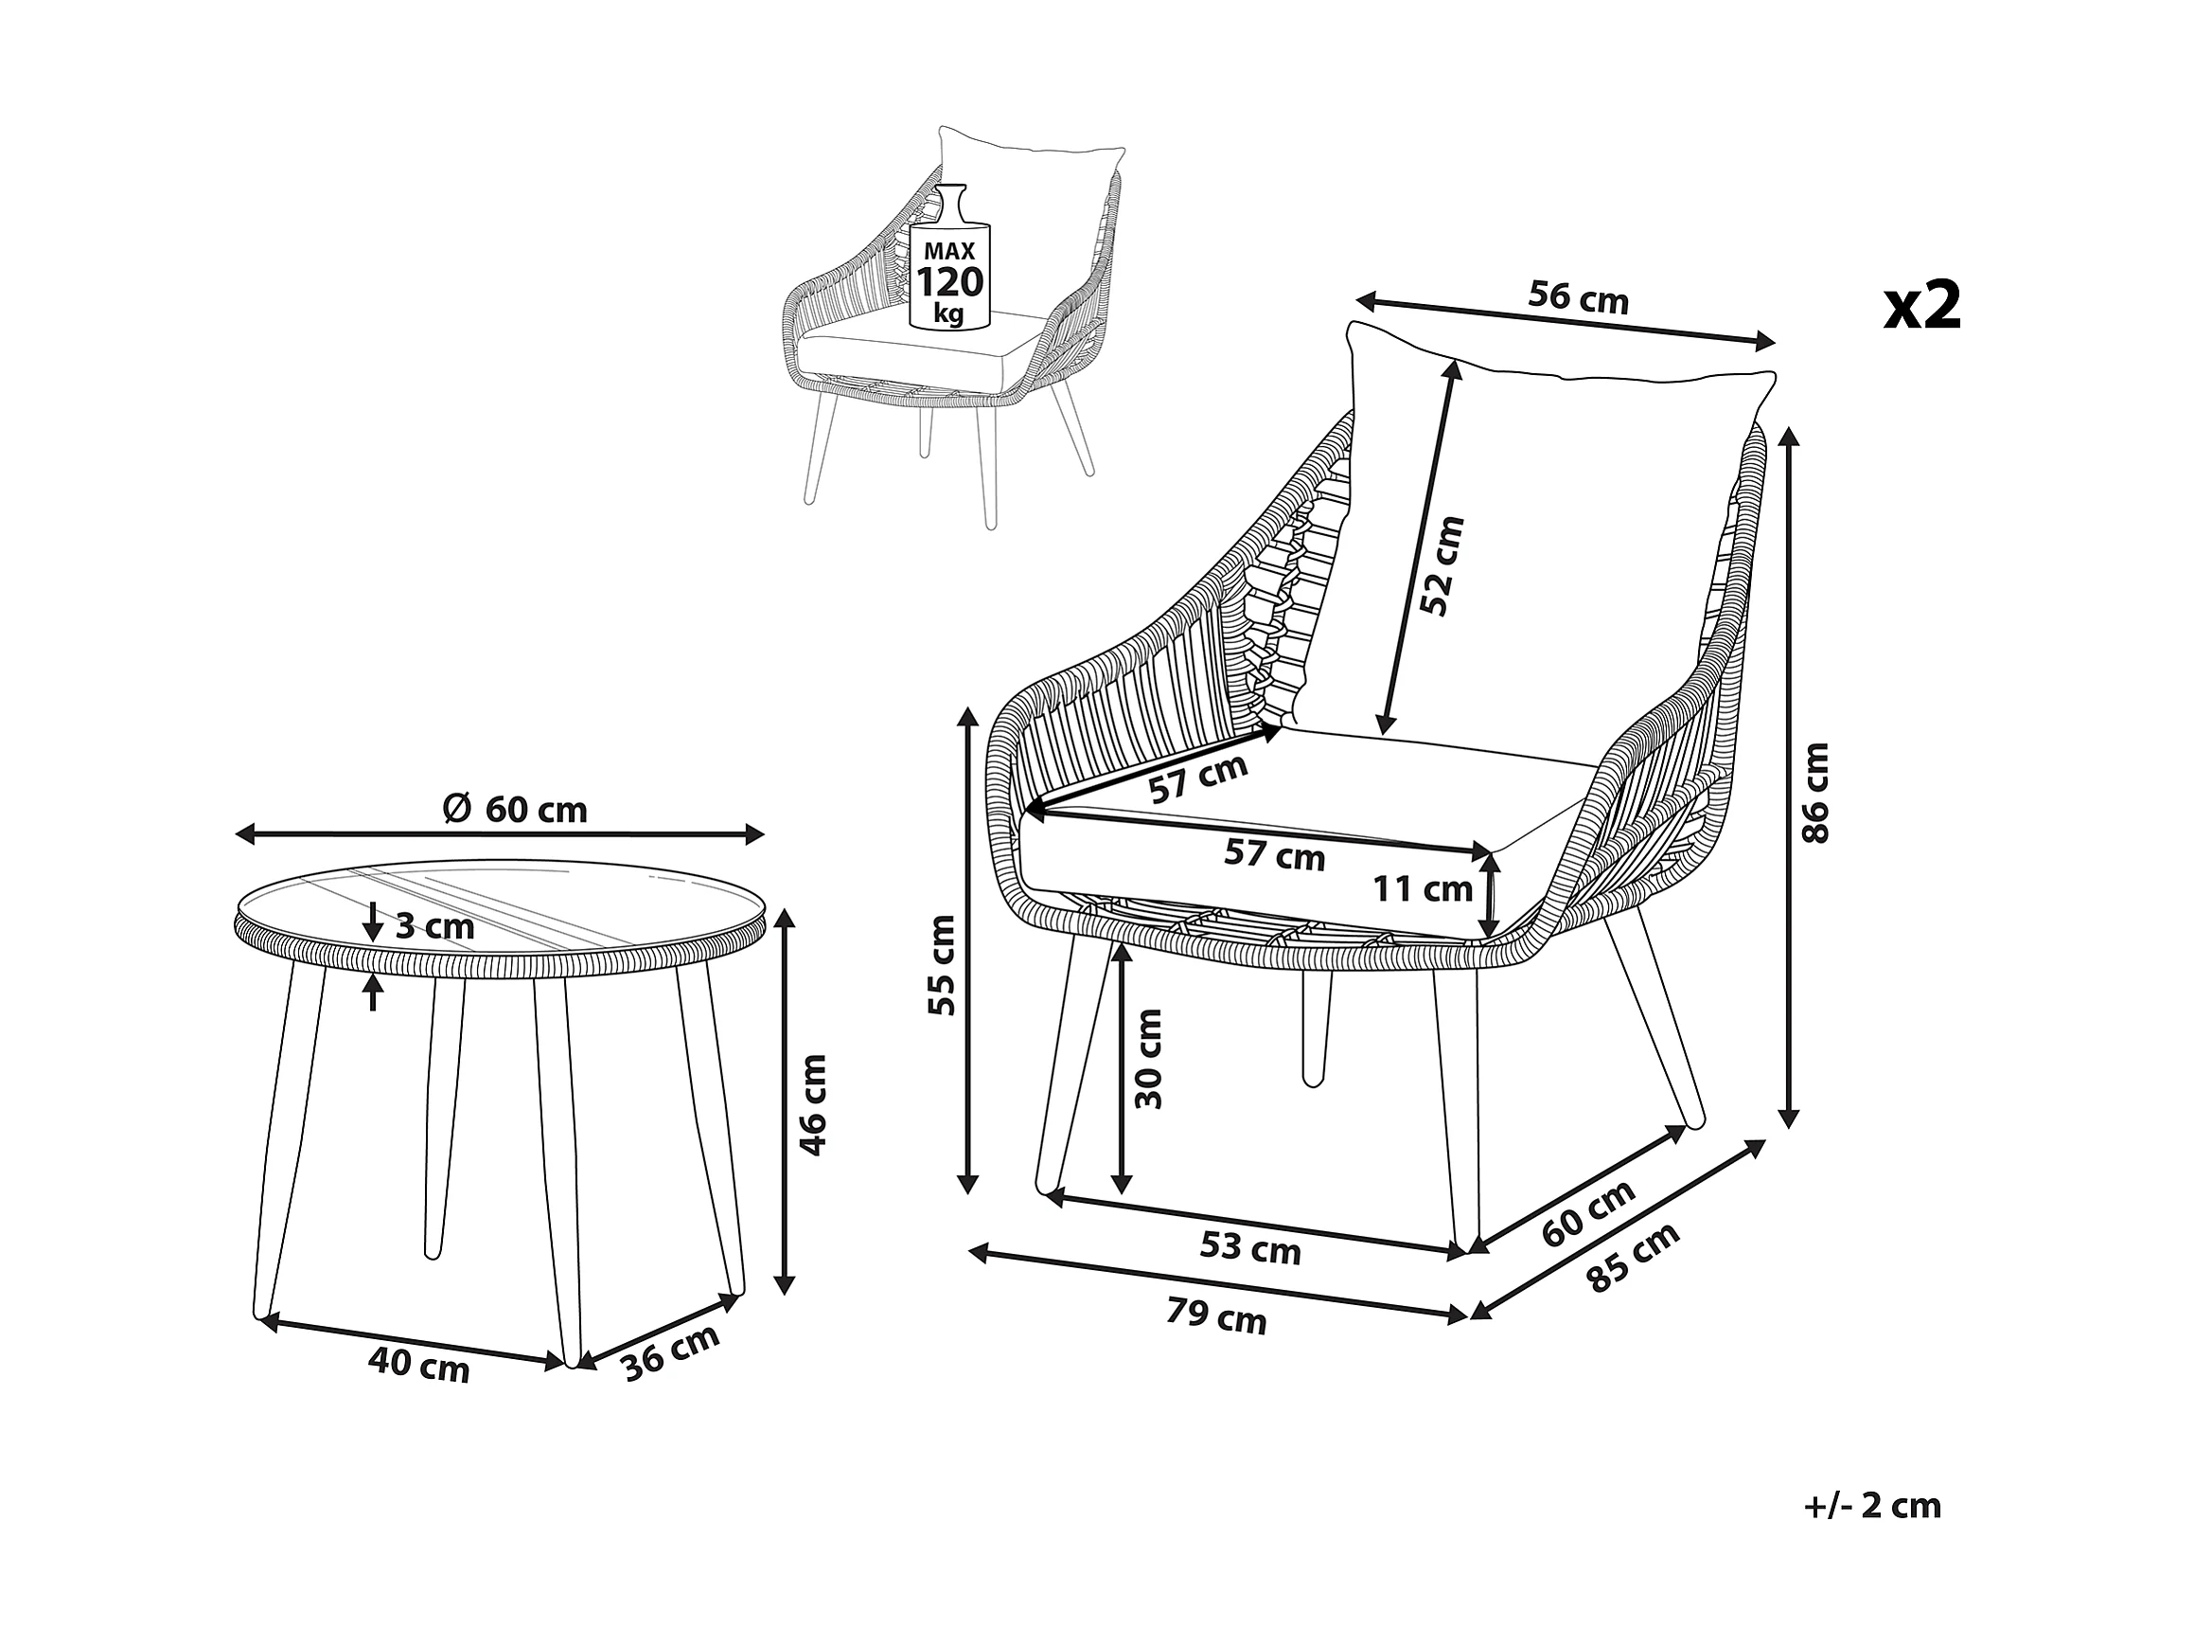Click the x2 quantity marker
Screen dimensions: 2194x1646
click(x=1922, y=306)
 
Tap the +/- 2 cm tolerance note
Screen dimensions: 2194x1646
click(x=1871, y=1534)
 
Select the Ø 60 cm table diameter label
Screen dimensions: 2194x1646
click(x=515, y=810)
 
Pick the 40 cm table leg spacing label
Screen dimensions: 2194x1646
click(x=417, y=1368)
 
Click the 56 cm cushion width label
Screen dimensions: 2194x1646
click(x=1578, y=297)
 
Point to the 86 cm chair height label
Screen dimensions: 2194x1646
click(x=1814, y=794)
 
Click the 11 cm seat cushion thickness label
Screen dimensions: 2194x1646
click(x=1423, y=889)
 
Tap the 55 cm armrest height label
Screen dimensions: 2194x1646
click(x=943, y=965)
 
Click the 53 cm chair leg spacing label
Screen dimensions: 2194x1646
click(x=1249, y=1248)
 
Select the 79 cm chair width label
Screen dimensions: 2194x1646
click(x=1216, y=1317)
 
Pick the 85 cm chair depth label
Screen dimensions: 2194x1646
click(x=1633, y=1257)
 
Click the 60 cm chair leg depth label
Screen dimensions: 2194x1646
click(x=1588, y=1213)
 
